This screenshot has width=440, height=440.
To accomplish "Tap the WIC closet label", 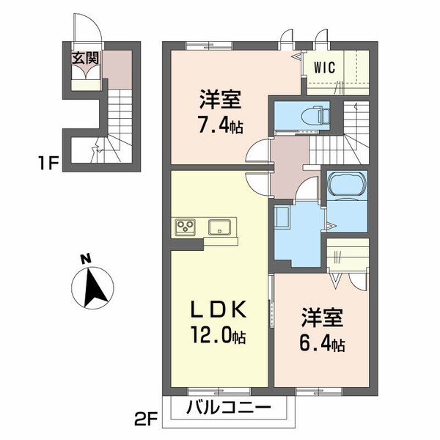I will tap(326, 67).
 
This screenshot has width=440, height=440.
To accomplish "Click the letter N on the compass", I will tap(86, 258).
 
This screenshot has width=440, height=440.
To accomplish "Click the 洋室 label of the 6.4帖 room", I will tap(320, 319).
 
